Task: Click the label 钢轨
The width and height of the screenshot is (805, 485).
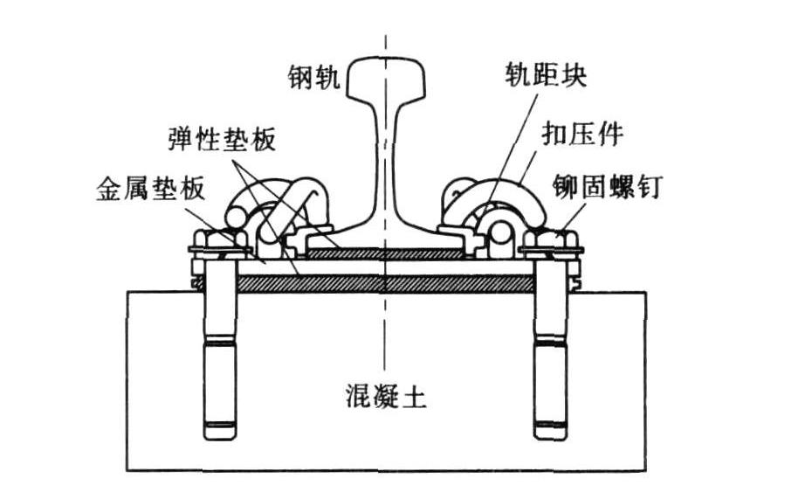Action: pos(313,78)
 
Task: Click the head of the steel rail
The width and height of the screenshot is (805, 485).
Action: pos(385,77)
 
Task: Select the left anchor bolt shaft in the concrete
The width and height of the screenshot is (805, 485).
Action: pos(219,350)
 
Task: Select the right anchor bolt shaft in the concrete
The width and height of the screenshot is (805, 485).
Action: pos(549,350)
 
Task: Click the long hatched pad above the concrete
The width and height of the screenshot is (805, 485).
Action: pos(385,283)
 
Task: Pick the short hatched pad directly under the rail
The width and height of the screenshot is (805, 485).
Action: pos(385,254)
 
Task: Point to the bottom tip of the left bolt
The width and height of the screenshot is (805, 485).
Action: pos(219,433)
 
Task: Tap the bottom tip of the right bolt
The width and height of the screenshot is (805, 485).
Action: pos(549,433)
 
